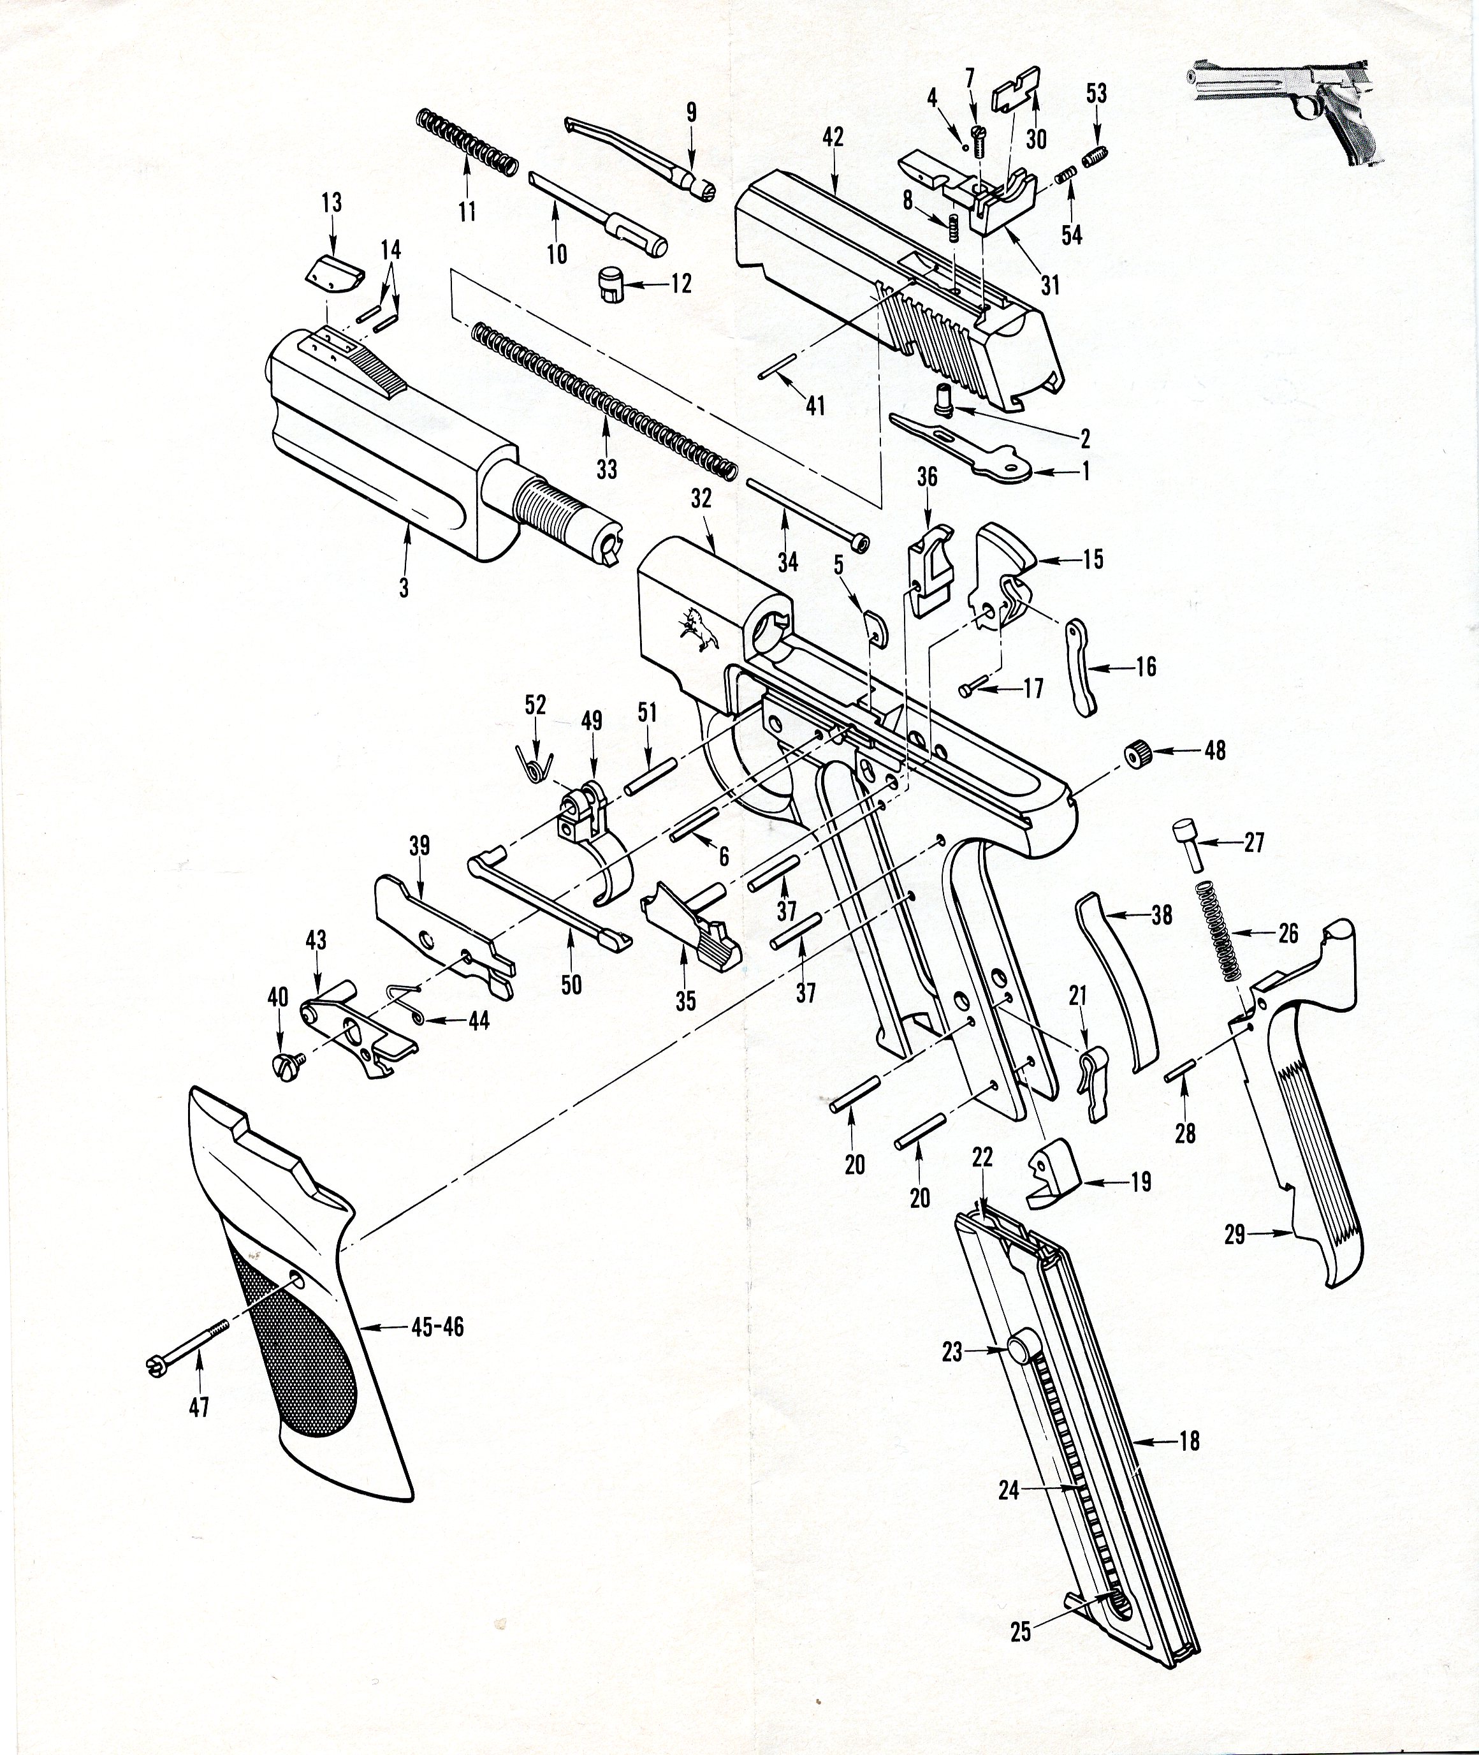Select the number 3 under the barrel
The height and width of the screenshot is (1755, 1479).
pyautogui.click(x=404, y=589)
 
